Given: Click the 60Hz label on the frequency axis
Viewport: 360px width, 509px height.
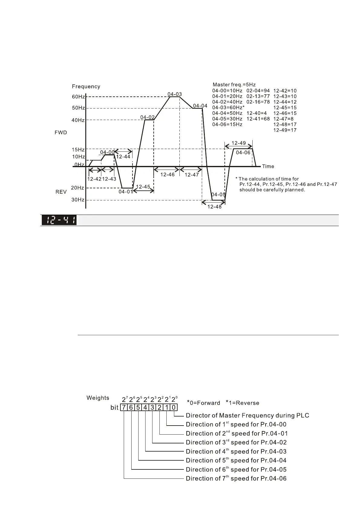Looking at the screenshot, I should [78, 97].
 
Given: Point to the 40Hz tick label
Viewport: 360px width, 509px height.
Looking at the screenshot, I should [78, 120].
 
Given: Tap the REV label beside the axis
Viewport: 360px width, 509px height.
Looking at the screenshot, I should [61, 192].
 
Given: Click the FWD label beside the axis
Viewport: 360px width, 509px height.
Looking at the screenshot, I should [61, 132].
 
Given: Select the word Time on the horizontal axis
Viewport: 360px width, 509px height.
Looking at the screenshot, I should [268, 166].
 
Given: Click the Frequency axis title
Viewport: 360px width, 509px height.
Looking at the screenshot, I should [86, 86].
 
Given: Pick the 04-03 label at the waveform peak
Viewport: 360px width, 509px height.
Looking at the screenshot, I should [175, 94].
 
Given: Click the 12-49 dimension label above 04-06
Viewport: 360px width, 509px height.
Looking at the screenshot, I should [239, 143].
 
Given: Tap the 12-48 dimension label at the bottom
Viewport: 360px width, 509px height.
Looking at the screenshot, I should [214, 207].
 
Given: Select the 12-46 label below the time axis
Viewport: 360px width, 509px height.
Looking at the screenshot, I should [167, 174].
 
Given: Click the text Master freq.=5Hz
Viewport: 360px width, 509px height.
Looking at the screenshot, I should [234, 85].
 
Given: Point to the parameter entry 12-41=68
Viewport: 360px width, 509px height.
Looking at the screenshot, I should [258, 119].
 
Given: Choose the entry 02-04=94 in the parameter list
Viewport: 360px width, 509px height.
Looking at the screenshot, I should [258, 91].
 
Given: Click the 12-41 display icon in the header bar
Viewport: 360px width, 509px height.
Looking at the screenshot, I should [59, 220].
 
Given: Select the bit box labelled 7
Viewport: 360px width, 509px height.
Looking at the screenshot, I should [124, 407].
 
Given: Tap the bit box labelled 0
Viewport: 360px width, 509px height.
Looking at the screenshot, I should [174, 407].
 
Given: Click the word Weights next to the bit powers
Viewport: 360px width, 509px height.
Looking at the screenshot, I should [98, 398].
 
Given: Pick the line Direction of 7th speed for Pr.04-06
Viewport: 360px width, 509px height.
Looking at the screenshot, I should [236, 478].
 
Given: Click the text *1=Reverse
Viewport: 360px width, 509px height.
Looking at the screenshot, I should [242, 403].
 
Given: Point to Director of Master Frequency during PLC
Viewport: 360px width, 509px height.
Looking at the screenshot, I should [247, 415].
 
